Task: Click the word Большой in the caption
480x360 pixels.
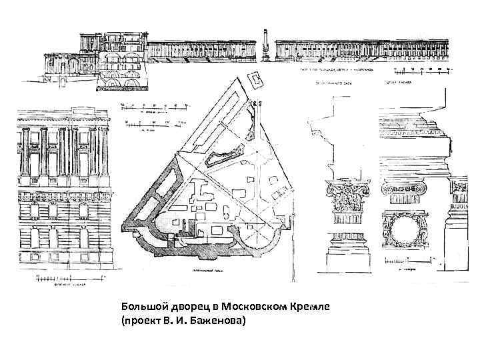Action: coord(142,306)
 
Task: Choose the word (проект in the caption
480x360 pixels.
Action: coord(140,321)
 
